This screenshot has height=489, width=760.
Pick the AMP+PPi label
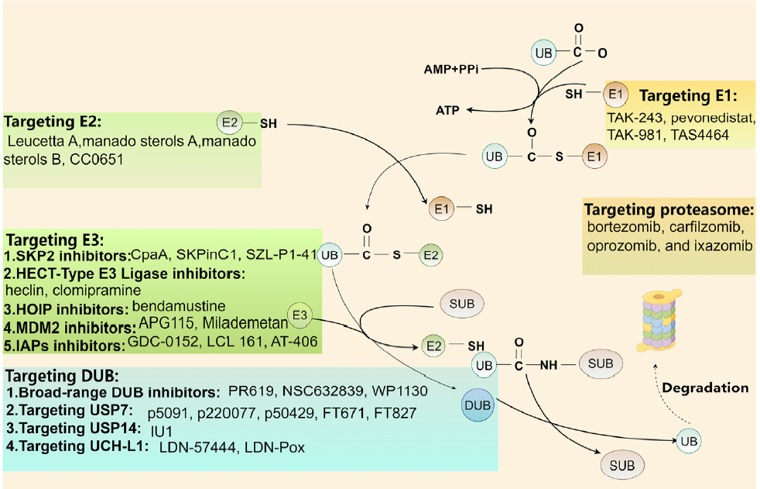452,69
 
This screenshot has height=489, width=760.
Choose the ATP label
445,111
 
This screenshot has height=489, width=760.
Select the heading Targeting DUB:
55,377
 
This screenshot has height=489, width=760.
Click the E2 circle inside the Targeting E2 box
228,122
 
